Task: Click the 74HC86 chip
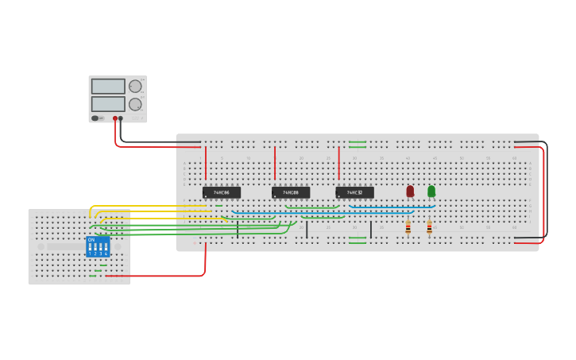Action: point(221,192)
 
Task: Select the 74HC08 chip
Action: point(291,192)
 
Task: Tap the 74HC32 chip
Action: point(354,192)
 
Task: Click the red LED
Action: point(410,191)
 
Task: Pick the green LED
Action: point(431,191)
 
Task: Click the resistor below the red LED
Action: point(408,228)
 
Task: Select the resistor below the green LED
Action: point(429,227)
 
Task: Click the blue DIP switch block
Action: point(98,246)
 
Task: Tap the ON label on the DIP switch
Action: point(91,239)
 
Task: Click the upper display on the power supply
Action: point(108,86)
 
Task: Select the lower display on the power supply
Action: point(108,104)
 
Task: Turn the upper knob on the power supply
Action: point(135,86)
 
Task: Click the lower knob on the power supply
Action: point(135,104)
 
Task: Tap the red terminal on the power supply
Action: point(115,118)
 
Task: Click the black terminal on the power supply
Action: point(121,118)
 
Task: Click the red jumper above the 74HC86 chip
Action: point(205,163)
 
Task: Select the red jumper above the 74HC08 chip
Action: point(275,163)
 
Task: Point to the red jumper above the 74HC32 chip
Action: point(339,163)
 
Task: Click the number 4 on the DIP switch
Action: point(106,254)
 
